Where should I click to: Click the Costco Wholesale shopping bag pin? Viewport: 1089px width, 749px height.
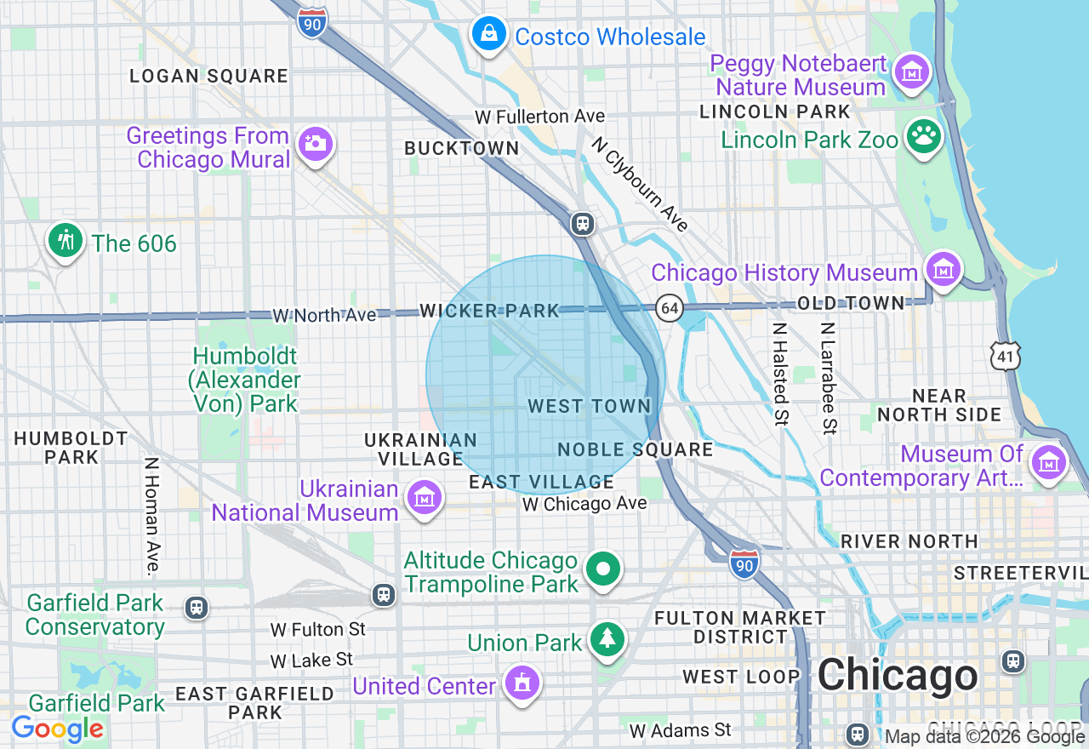489,35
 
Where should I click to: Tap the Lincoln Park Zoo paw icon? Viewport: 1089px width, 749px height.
923,137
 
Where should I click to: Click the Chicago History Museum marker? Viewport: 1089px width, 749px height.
943,271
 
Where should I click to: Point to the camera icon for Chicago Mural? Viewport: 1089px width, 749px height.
316,144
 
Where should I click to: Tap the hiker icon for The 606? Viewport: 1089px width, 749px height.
66,241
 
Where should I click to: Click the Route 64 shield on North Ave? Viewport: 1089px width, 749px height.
670,308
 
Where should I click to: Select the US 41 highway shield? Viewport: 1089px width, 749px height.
1006,356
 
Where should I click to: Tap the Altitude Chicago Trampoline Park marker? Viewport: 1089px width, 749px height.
604,569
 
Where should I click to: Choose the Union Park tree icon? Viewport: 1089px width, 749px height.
607,640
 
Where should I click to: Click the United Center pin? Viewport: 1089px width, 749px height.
521,683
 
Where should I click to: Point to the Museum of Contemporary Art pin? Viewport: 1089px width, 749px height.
1048,463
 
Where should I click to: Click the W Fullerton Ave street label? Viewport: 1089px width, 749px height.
539,116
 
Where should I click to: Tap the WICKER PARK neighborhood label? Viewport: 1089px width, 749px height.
489,312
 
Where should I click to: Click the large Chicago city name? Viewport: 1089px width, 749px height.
898,676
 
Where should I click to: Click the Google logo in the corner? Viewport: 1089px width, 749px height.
57,729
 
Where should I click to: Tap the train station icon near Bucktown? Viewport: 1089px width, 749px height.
582,224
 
